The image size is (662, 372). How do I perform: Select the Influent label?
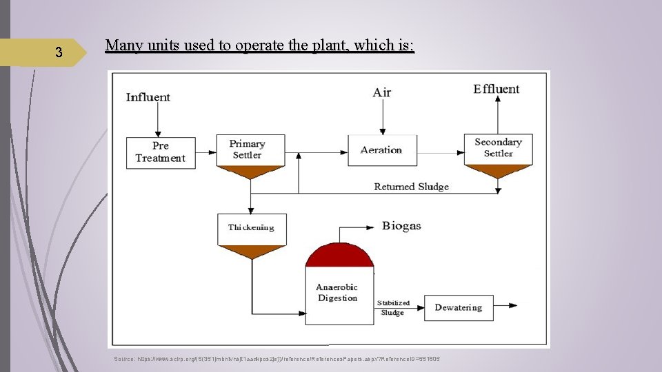click(148, 97)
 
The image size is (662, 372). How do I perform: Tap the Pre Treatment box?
click(161, 152)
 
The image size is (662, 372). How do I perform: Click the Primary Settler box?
click(247, 149)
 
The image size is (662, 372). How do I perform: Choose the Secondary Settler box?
click(498, 147)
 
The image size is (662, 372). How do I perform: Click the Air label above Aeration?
click(381, 92)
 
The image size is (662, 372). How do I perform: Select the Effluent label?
click(496, 89)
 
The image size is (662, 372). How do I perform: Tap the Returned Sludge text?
click(411, 187)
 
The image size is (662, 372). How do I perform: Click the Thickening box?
click(251, 228)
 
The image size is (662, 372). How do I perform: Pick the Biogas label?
click(401, 226)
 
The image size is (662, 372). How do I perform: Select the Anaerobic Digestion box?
click(337, 293)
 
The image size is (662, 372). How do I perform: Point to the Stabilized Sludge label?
click(393, 308)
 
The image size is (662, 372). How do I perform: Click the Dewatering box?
click(459, 307)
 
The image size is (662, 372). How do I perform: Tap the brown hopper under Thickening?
click(251, 251)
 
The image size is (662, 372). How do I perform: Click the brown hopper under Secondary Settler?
click(498, 172)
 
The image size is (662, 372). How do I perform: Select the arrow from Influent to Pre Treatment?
click(158, 121)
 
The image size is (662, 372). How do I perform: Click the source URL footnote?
click(277, 359)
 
